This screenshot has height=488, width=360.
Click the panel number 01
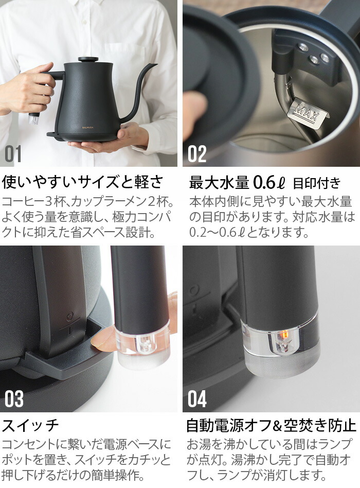pyautogui.click(x=13, y=154)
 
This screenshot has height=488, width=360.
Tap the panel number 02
pyautogui.click(x=197, y=154)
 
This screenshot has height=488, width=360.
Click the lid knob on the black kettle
pyautogui.click(x=88, y=59)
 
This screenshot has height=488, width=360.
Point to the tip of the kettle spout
pyautogui.click(x=155, y=65)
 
